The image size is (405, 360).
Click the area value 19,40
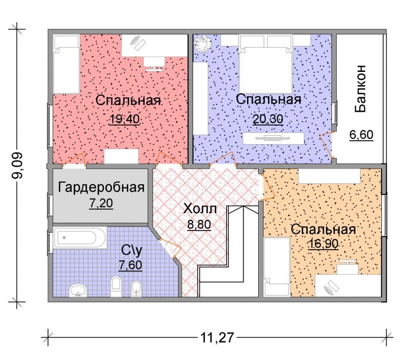click(125, 119)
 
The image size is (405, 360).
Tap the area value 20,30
click(268, 119)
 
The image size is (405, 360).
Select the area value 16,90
click(323, 244)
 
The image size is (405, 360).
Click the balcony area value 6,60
click(361, 135)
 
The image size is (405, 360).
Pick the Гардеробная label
click(101, 187)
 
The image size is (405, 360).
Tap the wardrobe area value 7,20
click(101, 203)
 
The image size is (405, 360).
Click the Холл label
click(199, 209)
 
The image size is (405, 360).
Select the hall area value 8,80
click(199, 225)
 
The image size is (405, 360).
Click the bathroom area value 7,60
click(131, 265)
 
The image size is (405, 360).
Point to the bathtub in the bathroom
click(80, 238)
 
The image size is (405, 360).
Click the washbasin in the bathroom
click(78, 290)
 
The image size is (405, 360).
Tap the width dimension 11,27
click(217, 337)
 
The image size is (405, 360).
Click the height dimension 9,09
click(18, 165)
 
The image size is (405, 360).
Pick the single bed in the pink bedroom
click(66, 64)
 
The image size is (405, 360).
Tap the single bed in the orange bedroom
click(276, 267)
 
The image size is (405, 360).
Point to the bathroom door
click(170, 248)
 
